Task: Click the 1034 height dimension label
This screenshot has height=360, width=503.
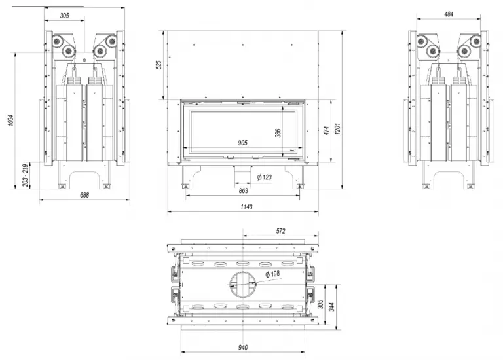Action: (11, 120)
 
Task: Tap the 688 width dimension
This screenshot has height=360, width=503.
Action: (84, 195)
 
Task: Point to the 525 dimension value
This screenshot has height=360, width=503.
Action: (158, 65)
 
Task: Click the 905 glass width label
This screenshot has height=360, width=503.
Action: (243, 143)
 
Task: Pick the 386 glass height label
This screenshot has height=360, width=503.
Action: (278, 133)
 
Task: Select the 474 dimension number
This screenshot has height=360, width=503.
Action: (326, 131)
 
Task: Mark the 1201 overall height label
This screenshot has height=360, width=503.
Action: (337, 128)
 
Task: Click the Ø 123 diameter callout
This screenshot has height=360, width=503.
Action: (265, 177)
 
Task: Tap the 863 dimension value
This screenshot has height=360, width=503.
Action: (244, 190)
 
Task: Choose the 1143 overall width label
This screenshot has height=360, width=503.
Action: (246, 207)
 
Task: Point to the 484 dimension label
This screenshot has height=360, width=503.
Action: (449, 14)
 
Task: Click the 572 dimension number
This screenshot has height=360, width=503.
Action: (281, 231)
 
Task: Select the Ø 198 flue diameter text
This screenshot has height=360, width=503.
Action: (272, 274)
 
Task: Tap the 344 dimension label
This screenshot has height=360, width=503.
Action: (332, 307)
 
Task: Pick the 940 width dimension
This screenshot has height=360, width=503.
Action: (243, 347)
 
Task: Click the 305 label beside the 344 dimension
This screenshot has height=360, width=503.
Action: (320, 304)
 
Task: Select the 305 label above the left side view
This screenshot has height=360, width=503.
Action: (64, 16)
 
